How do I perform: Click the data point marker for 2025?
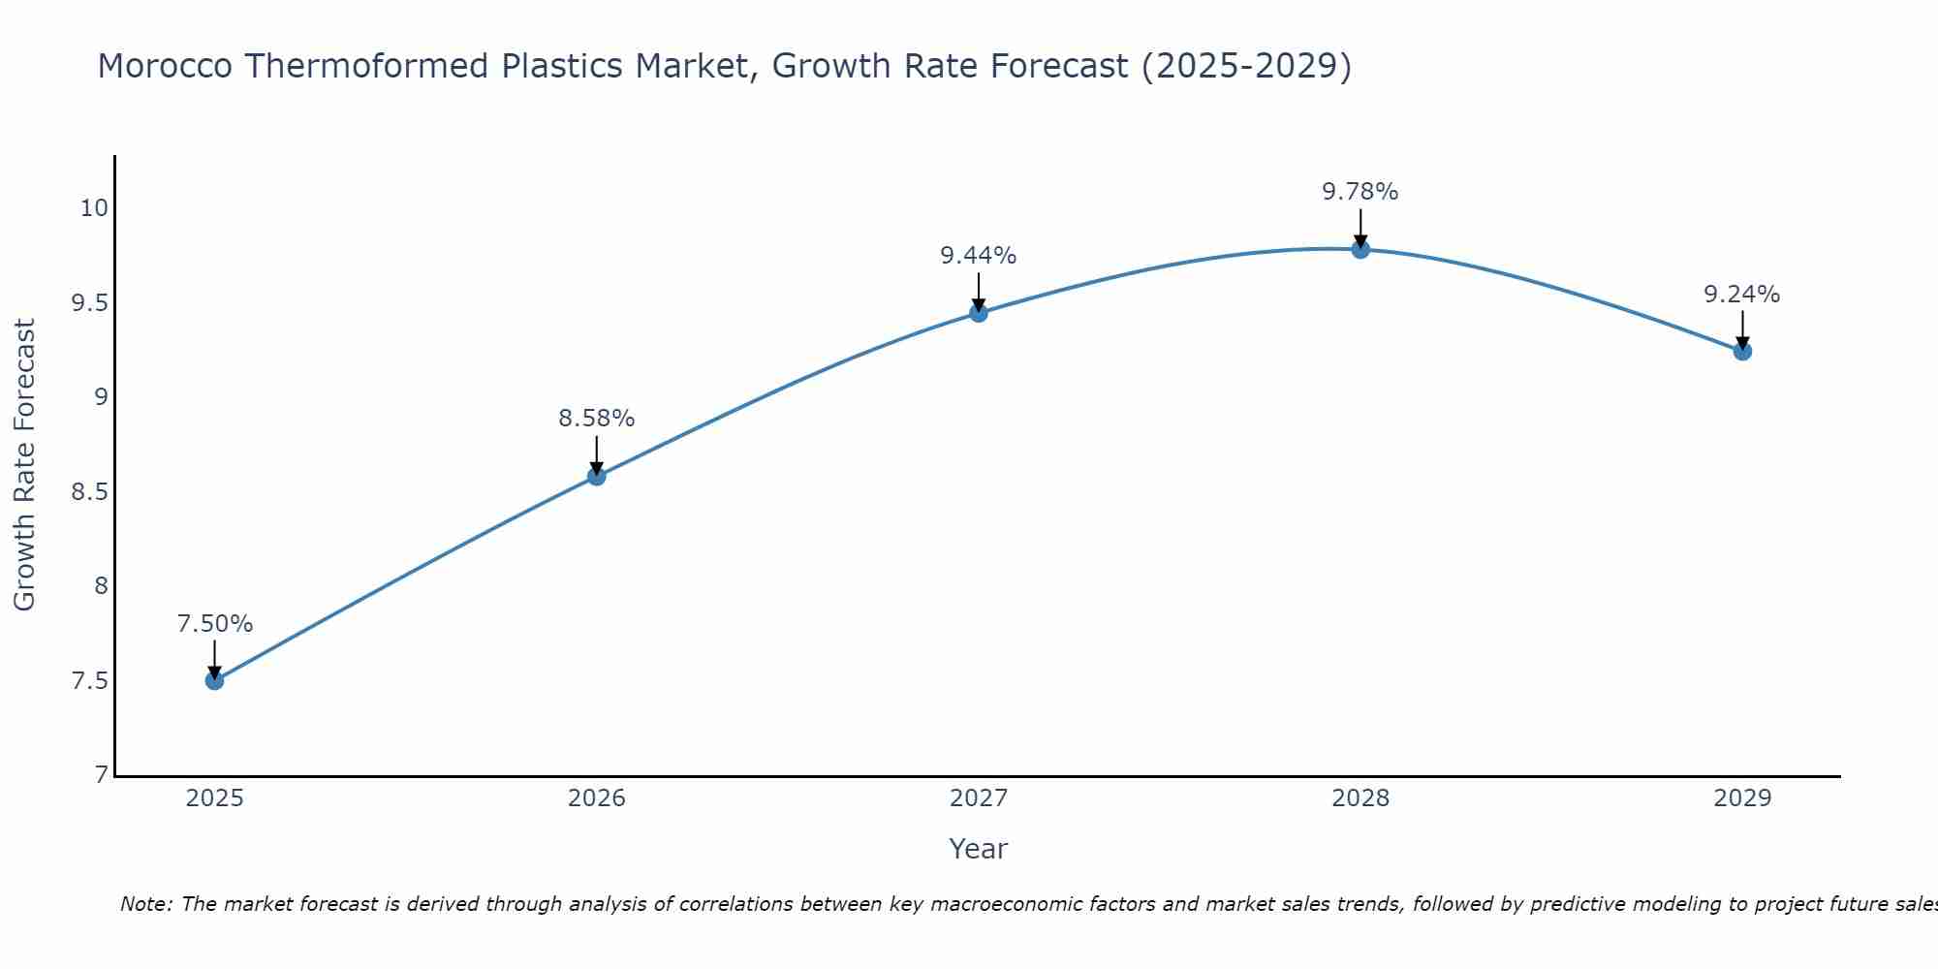tap(214, 680)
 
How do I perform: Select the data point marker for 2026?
tap(596, 476)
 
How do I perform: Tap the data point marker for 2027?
tap(978, 312)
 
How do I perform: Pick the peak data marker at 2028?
tap(1360, 249)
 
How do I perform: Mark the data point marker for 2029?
tap(1741, 351)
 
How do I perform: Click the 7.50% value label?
tap(214, 624)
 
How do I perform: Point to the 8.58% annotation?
tap(596, 419)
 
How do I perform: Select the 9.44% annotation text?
tap(978, 256)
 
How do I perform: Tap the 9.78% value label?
tap(1360, 192)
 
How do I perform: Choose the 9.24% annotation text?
tap(1741, 295)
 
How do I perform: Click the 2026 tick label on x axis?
tap(596, 798)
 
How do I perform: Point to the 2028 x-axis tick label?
tap(1360, 798)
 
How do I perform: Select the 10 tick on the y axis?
tap(94, 208)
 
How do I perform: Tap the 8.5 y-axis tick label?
tap(88, 492)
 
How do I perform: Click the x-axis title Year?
tap(978, 849)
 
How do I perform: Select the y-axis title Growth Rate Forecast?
tap(24, 465)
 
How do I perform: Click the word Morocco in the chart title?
tap(165, 66)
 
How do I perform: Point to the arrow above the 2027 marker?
tap(978, 291)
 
